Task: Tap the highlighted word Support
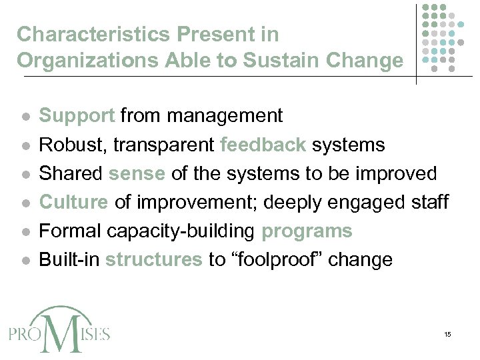(x=77, y=116)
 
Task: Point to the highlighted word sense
(x=137, y=173)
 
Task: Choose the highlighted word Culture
(x=74, y=202)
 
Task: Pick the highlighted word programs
(x=307, y=231)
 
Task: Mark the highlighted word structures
(x=153, y=259)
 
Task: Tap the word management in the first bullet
(x=225, y=116)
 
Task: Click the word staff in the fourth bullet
(x=428, y=202)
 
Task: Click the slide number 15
(x=447, y=333)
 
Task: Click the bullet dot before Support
(x=23, y=117)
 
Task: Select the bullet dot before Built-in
(x=23, y=260)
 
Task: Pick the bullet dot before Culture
(x=23, y=203)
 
